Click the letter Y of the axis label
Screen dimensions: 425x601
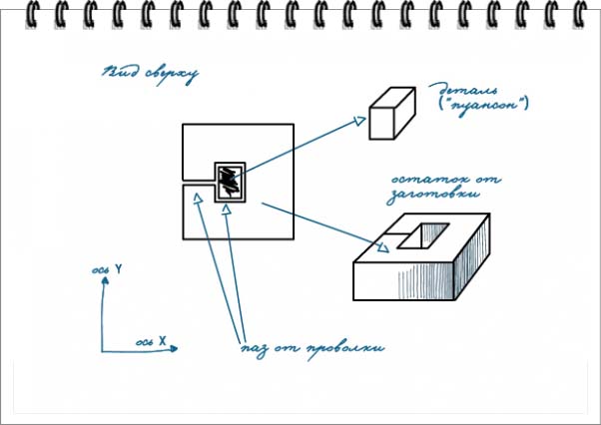point(119,268)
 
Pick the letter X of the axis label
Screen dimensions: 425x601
point(161,342)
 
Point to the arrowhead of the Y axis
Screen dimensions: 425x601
point(103,280)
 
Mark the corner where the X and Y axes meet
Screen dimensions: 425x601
point(102,351)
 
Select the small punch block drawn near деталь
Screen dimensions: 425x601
point(390,112)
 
